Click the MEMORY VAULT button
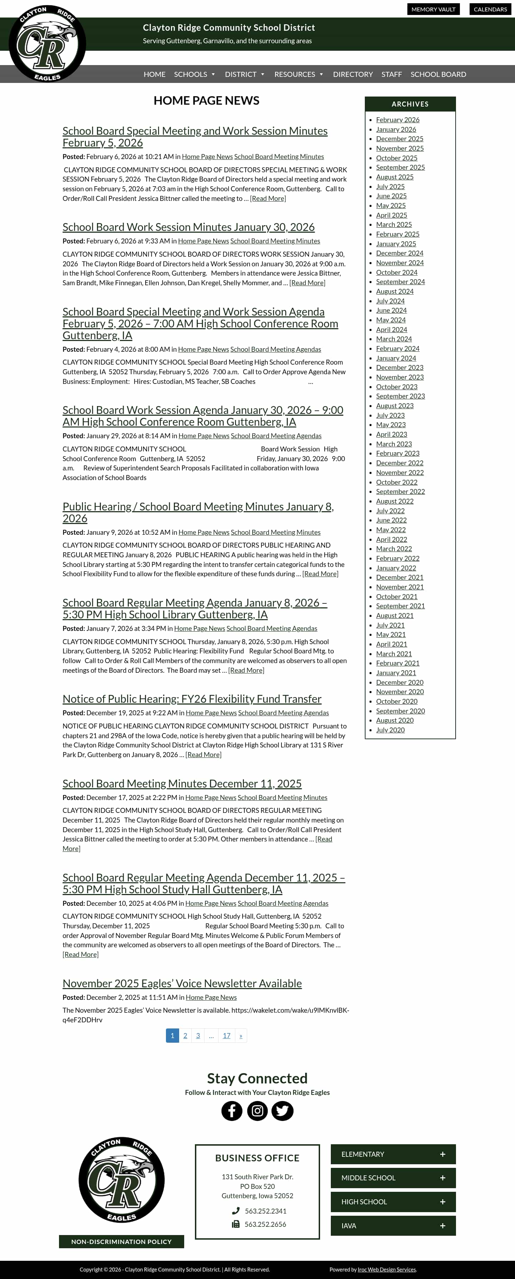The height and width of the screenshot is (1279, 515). [x=433, y=9]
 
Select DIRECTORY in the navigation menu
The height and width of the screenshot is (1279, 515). [x=353, y=74]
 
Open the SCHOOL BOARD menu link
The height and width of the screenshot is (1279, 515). [x=438, y=74]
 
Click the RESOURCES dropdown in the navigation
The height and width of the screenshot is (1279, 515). [x=299, y=74]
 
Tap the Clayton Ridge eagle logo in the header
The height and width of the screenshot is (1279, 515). [x=47, y=44]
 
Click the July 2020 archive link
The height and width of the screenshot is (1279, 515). [x=390, y=730]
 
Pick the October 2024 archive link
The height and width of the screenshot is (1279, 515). [x=396, y=272]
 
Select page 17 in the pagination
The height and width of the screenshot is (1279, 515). [x=226, y=1035]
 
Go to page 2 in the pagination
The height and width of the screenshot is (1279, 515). [x=185, y=1035]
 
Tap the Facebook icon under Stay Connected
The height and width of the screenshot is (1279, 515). [x=231, y=1111]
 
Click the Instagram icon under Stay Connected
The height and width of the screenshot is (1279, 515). [x=257, y=1111]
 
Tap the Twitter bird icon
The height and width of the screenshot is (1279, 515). [x=283, y=1111]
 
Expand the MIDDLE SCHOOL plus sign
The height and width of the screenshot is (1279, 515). [x=442, y=1178]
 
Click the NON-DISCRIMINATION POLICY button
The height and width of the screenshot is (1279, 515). [x=121, y=1241]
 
